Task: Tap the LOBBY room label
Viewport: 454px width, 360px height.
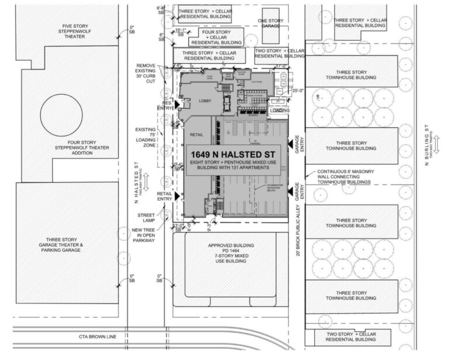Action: pos(205,101)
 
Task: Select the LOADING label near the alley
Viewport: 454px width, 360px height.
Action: pos(279,110)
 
